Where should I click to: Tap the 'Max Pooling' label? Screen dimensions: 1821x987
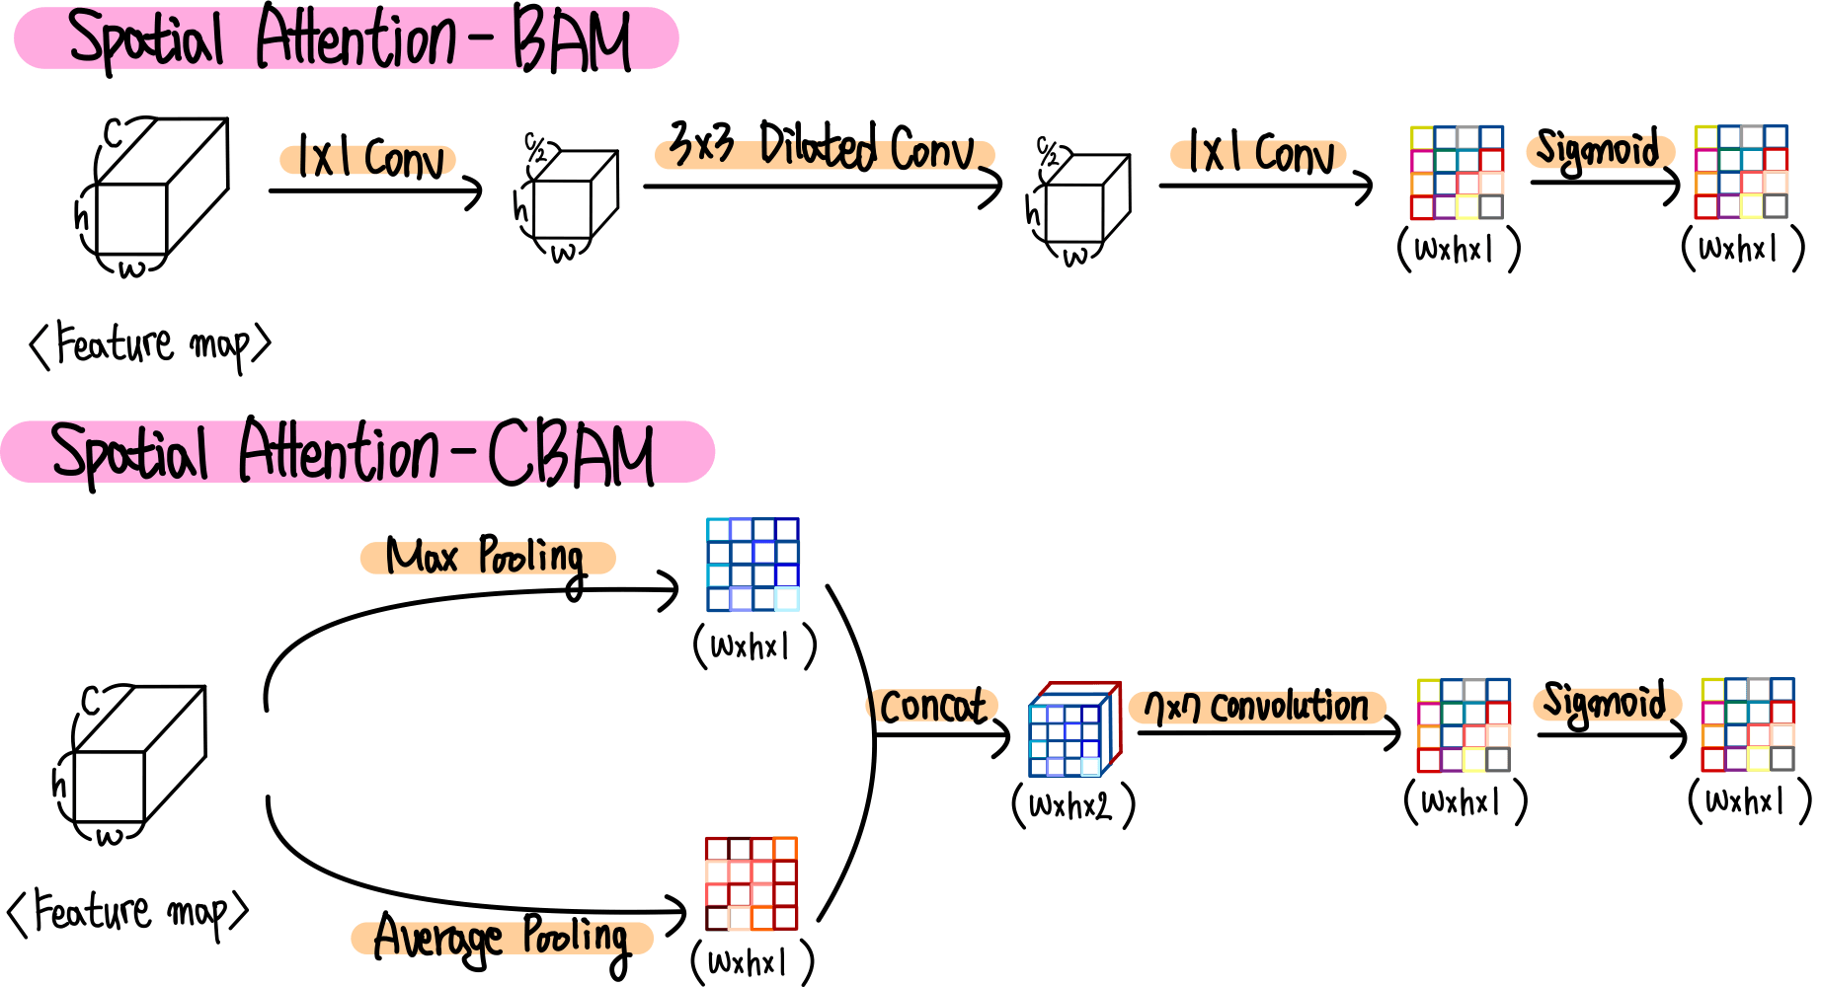tap(486, 558)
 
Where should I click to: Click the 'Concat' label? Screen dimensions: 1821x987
tap(932, 707)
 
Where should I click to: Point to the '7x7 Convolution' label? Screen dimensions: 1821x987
tap(1256, 707)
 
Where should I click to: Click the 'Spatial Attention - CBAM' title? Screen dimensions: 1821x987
tap(353, 453)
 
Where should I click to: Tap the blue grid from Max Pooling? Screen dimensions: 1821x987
tap(752, 565)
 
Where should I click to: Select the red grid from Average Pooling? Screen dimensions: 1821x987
tap(752, 883)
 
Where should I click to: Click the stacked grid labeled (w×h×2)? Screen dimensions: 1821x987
tap(1074, 729)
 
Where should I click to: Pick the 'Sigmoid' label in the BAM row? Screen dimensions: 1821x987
tap(1598, 150)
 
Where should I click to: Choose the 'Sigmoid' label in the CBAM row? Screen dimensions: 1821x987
tap(1605, 702)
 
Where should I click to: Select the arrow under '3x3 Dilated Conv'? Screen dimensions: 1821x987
tap(823, 186)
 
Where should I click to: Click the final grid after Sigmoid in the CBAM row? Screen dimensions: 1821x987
tap(1748, 724)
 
